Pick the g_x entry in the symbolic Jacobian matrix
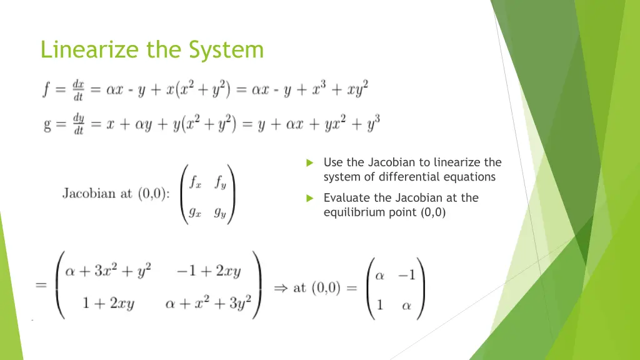point(196,211)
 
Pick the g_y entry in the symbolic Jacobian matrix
point(220,211)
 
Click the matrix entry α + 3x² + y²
point(108,272)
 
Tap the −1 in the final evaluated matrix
point(406,276)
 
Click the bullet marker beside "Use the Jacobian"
point(309,163)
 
